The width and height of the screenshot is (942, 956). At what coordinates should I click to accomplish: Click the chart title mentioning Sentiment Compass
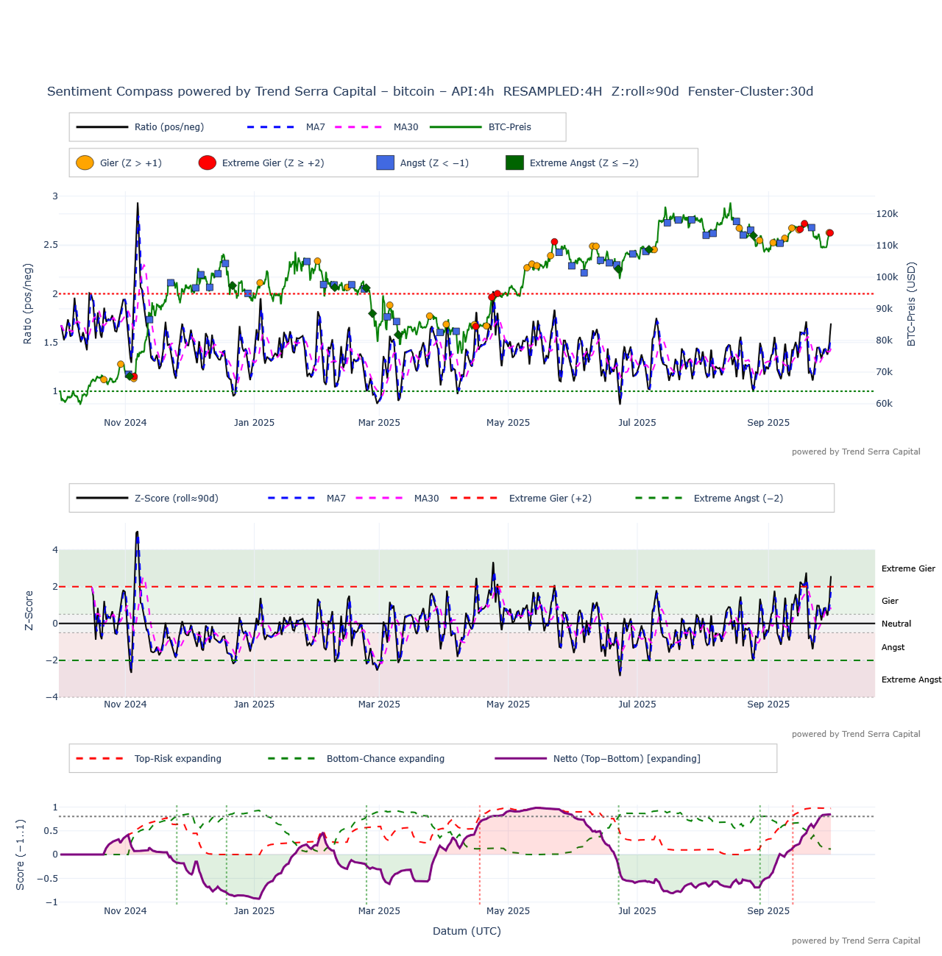click(x=430, y=92)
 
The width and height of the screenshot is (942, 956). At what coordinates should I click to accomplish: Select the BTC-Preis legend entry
click(x=509, y=127)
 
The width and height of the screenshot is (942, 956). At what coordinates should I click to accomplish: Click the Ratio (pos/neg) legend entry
click(x=169, y=127)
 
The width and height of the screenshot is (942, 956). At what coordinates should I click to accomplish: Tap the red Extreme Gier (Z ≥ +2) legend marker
click(x=208, y=163)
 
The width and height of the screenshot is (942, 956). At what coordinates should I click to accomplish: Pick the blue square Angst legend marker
click(x=385, y=163)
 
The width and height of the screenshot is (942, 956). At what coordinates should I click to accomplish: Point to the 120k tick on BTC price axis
click(x=887, y=214)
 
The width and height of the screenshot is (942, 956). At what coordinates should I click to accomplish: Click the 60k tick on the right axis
click(x=884, y=404)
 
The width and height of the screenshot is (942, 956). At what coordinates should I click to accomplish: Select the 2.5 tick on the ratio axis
click(x=51, y=245)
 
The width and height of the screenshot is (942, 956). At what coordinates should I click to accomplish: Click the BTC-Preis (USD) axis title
click(x=912, y=304)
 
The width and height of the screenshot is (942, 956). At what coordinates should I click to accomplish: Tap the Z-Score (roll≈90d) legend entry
click(x=176, y=499)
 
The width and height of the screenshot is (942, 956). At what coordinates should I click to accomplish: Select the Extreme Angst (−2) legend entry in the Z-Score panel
click(x=737, y=499)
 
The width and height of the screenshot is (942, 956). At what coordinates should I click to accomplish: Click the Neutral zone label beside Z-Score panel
click(x=896, y=624)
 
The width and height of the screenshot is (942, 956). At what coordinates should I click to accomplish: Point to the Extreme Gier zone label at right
click(x=908, y=568)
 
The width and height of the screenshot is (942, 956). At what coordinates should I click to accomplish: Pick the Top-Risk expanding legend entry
click(x=177, y=759)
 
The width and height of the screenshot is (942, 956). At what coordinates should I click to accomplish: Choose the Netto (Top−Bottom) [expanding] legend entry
click(x=626, y=759)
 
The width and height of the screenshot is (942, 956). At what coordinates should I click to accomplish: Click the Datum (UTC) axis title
click(x=467, y=931)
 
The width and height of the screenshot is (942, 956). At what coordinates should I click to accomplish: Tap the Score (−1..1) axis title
click(x=21, y=855)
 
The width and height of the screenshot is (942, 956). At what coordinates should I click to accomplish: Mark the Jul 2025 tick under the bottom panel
click(x=637, y=911)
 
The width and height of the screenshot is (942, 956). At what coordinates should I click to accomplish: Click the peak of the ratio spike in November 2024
click(x=138, y=204)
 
